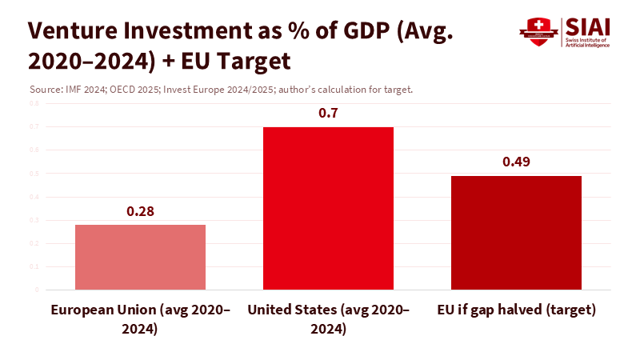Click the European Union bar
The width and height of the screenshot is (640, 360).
[x=140, y=257]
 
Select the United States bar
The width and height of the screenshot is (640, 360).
[x=329, y=208]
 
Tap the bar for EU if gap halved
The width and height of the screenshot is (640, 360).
[x=516, y=232]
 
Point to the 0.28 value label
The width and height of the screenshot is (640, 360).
[x=140, y=212]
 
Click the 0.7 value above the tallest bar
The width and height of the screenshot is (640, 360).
[x=329, y=114]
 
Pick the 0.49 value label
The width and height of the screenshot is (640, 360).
[x=516, y=162]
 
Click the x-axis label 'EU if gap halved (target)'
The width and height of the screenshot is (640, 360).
[x=517, y=310]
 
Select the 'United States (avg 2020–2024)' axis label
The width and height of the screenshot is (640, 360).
[x=329, y=318]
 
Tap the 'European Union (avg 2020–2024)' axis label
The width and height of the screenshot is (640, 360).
[x=140, y=318]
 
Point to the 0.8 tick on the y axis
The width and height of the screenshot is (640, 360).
[x=34, y=103]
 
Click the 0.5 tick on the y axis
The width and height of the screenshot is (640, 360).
[x=34, y=173]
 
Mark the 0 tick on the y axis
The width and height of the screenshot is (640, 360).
[x=36, y=290]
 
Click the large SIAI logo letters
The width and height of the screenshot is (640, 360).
[x=587, y=26]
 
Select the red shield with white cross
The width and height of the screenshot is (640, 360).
[x=538, y=30]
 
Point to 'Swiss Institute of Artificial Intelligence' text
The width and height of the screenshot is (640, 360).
[x=586, y=42]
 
